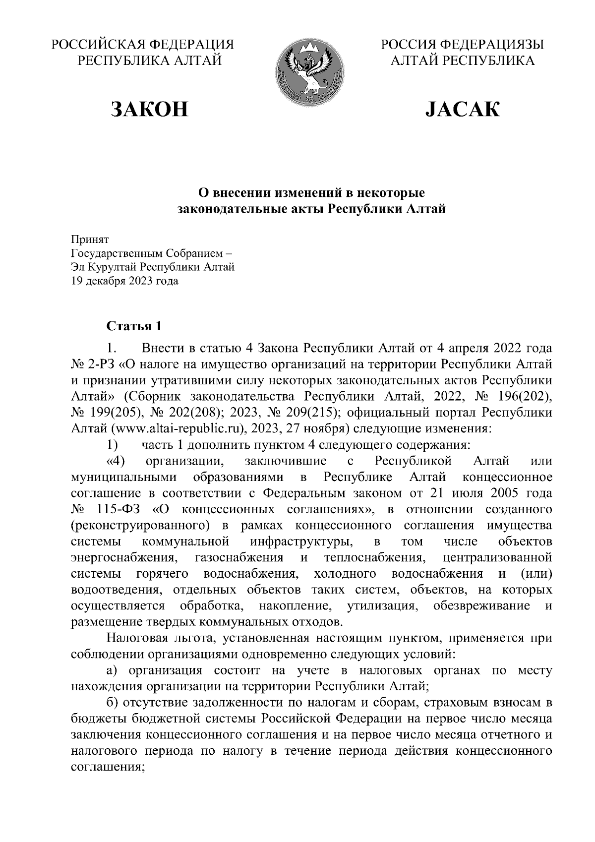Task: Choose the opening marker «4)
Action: [116, 461]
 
